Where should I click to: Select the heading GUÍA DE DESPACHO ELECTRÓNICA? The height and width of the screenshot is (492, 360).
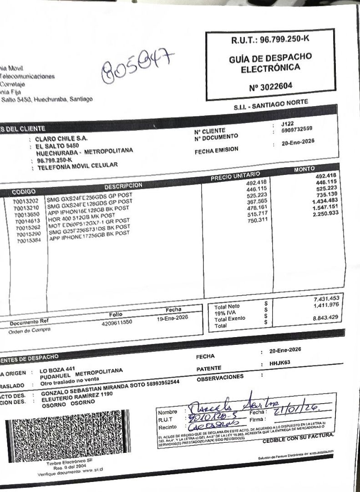[270, 62]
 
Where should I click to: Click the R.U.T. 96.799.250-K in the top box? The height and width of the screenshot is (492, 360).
[270, 39]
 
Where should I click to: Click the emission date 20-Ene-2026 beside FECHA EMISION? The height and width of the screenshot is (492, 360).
[298, 141]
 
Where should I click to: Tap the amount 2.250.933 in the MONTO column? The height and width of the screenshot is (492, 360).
[323, 214]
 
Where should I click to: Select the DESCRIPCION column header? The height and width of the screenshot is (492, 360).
[123, 185]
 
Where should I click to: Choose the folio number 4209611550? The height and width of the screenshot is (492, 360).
[120, 322]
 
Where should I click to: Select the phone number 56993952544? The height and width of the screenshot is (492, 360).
[170, 382]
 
